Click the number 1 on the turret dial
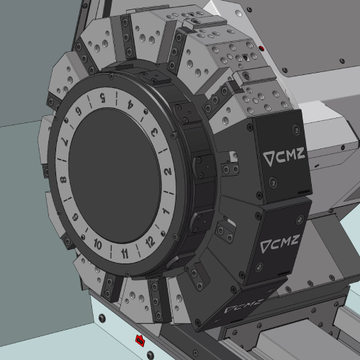(166, 211)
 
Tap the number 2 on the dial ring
(168, 171)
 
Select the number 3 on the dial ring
(155, 132)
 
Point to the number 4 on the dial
(130, 104)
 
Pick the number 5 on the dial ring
(103, 98)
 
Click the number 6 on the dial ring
(78, 112)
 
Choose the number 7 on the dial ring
(66, 141)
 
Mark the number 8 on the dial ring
(63, 180)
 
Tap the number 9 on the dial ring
(76, 217)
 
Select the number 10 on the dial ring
(98, 244)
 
